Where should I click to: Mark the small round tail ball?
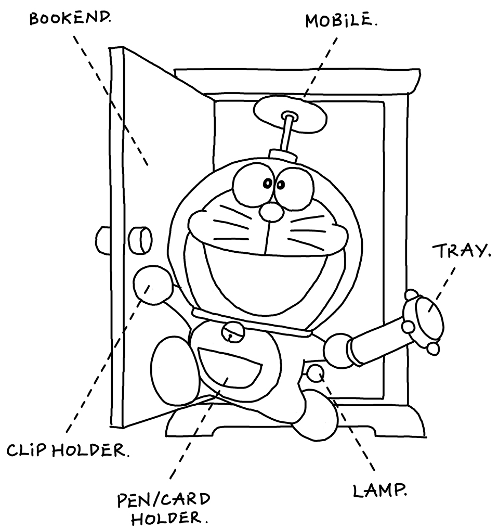[316, 373]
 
